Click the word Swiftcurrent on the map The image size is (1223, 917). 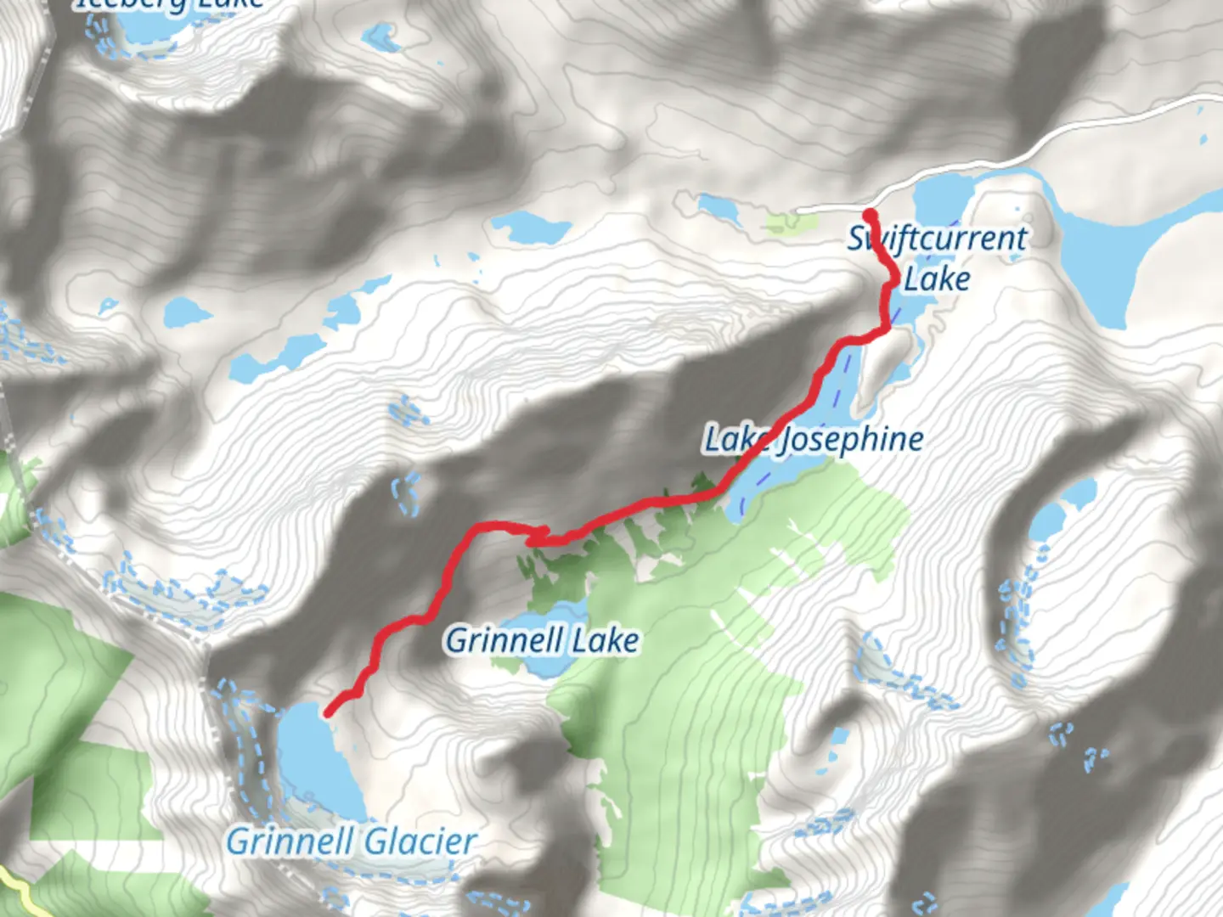tap(938, 239)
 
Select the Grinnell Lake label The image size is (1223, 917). tap(542, 639)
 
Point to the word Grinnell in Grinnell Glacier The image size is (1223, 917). tap(290, 841)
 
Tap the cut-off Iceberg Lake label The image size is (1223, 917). tap(170, 4)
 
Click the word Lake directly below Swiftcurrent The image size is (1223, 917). tap(936, 278)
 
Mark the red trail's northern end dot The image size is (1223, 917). tap(870, 214)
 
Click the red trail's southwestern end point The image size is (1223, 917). tap(328, 712)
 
